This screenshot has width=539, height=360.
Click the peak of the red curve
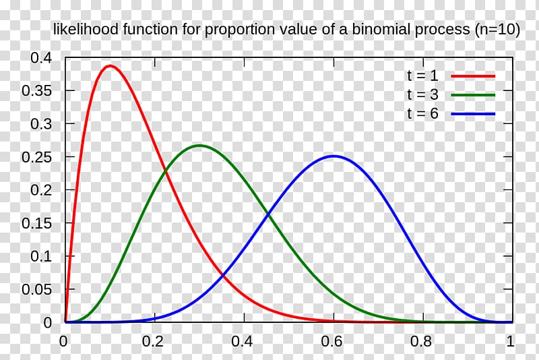[110, 66]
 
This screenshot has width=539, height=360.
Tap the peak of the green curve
[199, 146]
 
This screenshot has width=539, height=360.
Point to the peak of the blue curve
[334, 156]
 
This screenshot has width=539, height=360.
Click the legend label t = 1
[422, 76]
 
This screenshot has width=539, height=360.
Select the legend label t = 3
[422, 94]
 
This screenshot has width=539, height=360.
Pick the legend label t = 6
[422, 114]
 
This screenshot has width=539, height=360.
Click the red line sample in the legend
[473, 76]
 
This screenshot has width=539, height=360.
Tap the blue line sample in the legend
[473, 114]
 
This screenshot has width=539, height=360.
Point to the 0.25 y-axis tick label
[36, 157]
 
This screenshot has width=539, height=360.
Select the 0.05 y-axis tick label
[36, 289]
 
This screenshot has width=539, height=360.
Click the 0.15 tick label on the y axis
[36, 223]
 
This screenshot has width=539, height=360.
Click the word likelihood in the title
[82, 30]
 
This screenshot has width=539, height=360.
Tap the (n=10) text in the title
[497, 30]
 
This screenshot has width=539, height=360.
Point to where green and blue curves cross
[268, 215]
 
